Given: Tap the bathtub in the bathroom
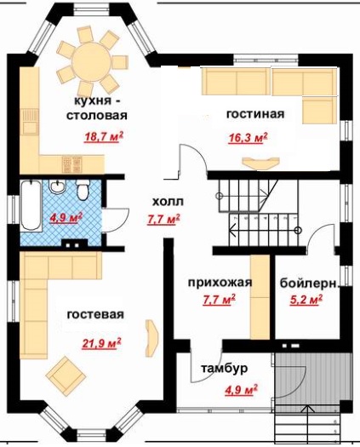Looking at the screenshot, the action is [31, 205].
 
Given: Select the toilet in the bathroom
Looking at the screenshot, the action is [83, 190].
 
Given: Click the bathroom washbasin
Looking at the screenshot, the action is [58, 186].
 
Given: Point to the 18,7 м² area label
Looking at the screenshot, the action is [104, 137].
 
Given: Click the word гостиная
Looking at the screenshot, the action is [255, 113].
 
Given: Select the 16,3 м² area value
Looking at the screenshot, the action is [248, 138].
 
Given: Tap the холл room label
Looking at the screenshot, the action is [169, 202].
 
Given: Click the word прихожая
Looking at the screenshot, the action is [220, 282].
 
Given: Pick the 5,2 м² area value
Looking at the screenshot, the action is [306, 300].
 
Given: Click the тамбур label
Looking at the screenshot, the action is [225, 369].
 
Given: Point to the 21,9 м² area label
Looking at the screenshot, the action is [101, 343].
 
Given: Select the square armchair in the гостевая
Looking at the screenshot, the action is [66, 375].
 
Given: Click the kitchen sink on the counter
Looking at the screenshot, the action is [30, 121].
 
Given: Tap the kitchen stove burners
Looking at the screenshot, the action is [72, 164].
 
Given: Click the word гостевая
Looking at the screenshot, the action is [95, 314].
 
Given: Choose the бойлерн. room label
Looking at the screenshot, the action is [309, 284].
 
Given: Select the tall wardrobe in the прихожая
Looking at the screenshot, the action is [260, 297].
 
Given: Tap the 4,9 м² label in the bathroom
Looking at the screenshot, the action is [66, 218].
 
